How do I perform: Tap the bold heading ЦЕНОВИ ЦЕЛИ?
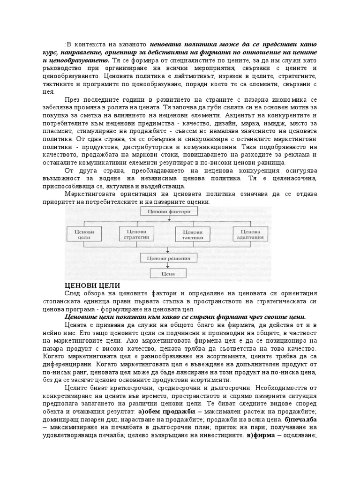click(x=92, y=285)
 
